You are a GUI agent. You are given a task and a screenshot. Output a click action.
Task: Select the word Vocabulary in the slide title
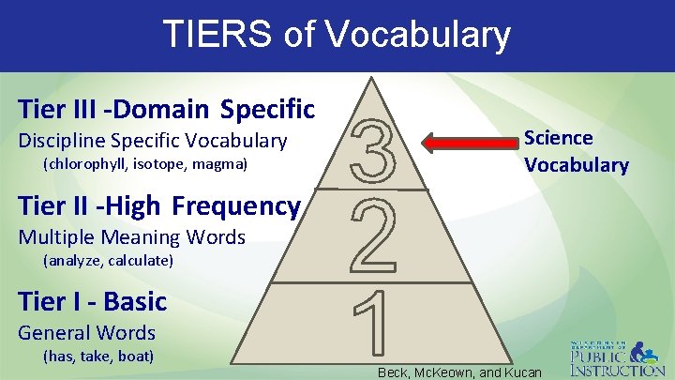[x=418, y=35]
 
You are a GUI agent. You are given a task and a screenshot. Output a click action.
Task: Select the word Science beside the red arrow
[x=558, y=138]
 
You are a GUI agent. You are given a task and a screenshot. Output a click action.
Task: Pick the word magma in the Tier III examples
[x=222, y=164]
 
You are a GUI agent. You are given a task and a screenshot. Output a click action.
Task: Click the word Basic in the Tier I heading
[x=135, y=301]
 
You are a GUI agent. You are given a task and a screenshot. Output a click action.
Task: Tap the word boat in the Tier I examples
[x=136, y=356]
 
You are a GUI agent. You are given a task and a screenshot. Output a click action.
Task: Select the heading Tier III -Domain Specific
[x=166, y=109]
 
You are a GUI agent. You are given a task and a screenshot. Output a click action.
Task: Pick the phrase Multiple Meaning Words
[x=132, y=236]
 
